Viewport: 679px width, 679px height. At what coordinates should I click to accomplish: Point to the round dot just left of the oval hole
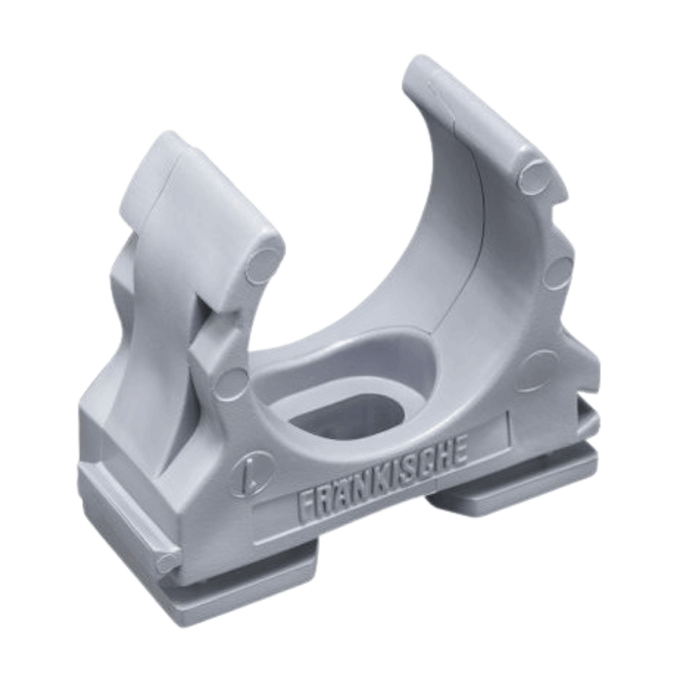tap(230, 382)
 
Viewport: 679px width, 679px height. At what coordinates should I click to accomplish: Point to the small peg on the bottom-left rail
tap(167, 561)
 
